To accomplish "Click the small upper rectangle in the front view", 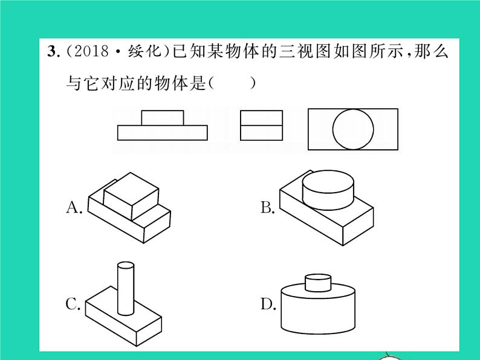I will (163, 117).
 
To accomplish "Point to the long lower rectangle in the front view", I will (163, 132).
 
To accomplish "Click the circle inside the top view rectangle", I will (353, 129).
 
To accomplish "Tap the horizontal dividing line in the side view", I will (261, 125).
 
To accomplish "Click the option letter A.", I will (73, 208).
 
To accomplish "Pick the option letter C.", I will (73, 304).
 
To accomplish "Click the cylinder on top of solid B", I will (328, 188).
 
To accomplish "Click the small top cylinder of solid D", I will (318, 283).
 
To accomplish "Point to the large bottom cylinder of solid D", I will (318, 311).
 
